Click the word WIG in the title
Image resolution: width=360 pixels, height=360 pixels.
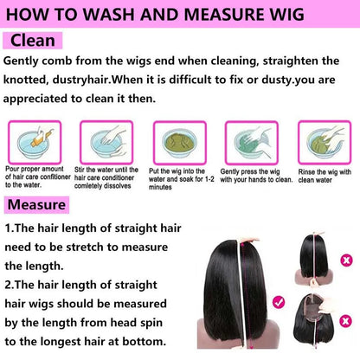(284, 14)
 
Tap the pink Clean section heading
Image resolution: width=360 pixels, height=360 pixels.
(32, 41)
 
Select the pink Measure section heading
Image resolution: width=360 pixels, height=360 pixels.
(36, 205)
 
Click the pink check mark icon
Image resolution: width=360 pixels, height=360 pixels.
(279, 302)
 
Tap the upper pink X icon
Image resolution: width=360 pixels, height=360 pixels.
(346, 260)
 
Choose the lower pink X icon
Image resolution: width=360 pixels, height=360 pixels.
(345, 321)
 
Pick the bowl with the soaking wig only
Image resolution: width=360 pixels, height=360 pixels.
(180, 142)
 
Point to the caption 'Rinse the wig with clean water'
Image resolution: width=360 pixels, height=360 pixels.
(325, 176)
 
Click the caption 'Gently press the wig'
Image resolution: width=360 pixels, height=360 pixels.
(250, 171)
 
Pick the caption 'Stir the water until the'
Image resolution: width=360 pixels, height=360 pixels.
(106, 170)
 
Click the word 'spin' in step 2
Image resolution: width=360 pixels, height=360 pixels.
(151, 323)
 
